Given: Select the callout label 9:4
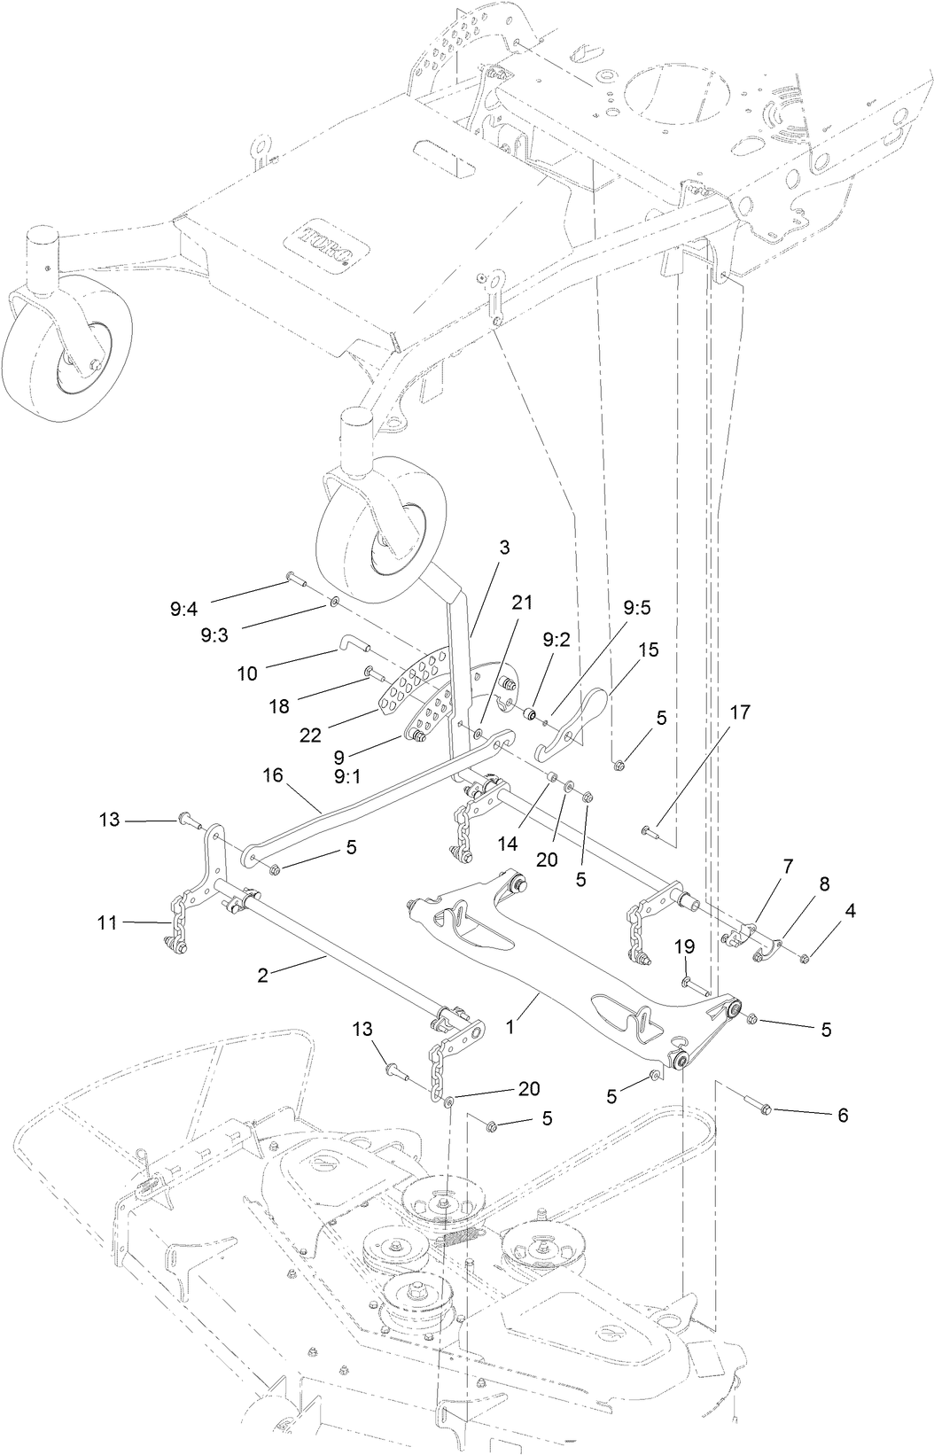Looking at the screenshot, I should (185, 609).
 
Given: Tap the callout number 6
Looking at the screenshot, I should (842, 1116).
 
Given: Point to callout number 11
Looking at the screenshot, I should (109, 922).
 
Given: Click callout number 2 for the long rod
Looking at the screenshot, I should (262, 974).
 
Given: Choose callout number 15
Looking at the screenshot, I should (649, 650).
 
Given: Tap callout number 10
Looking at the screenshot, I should (247, 673).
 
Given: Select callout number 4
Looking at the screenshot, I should (850, 909).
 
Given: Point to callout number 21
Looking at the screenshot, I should (522, 602).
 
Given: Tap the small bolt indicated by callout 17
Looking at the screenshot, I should (649, 830).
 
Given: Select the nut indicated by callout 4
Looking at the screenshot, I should (805, 958).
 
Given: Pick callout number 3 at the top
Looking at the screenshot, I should (503, 548).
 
